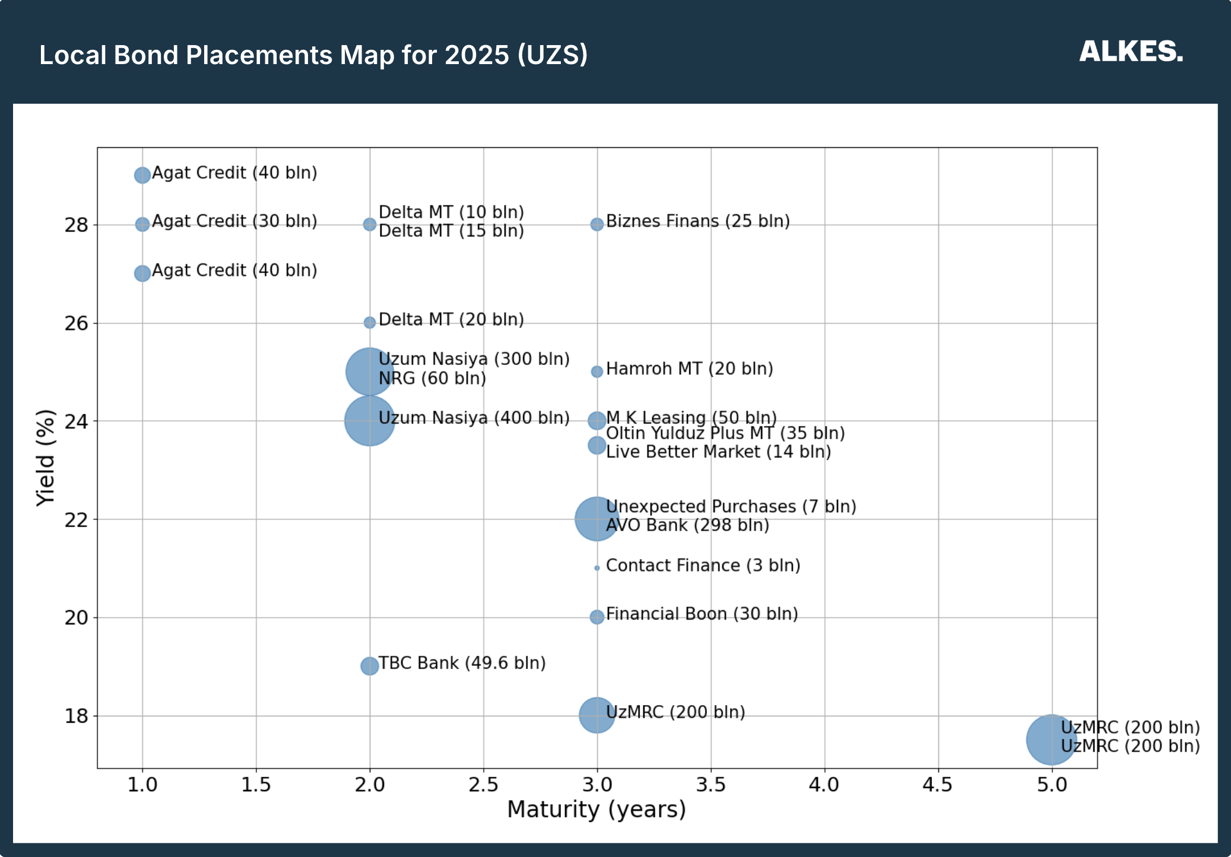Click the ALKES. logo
pyautogui.click(x=1131, y=52)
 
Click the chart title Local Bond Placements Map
pyautogui.click(x=313, y=55)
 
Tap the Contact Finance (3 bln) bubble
pyautogui.click(x=597, y=568)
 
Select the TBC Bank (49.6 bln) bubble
pyautogui.click(x=369, y=666)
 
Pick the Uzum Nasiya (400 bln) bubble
pyautogui.click(x=369, y=421)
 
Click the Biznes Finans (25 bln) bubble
pyautogui.click(x=597, y=224)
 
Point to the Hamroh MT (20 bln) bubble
pyautogui.click(x=597, y=372)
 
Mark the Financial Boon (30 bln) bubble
pyautogui.click(x=597, y=617)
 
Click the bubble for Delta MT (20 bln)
pyautogui.click(x=369, y=323)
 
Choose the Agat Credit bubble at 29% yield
pyautogui.click(x=142, y=175)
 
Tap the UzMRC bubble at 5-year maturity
pyautogui.click(x=1051, y=739)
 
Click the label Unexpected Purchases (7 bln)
pyautogui.click(x=731, y=506)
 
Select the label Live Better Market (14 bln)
pyautogui.click(x=718, y=452)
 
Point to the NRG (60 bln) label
pyautogui.click(x=432, y=378)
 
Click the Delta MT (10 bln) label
pyautogui.click(x=451, y=212)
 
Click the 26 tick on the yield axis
pyautogui.click(x=76, y=323)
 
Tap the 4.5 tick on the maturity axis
pyautogui.click(x=938, y=785)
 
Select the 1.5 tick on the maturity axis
pyautogui.click(x=256, y=785)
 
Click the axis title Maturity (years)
pyautogui.click(x=597, y=810)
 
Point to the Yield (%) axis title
pyautogui.click(x=45, y=458)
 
